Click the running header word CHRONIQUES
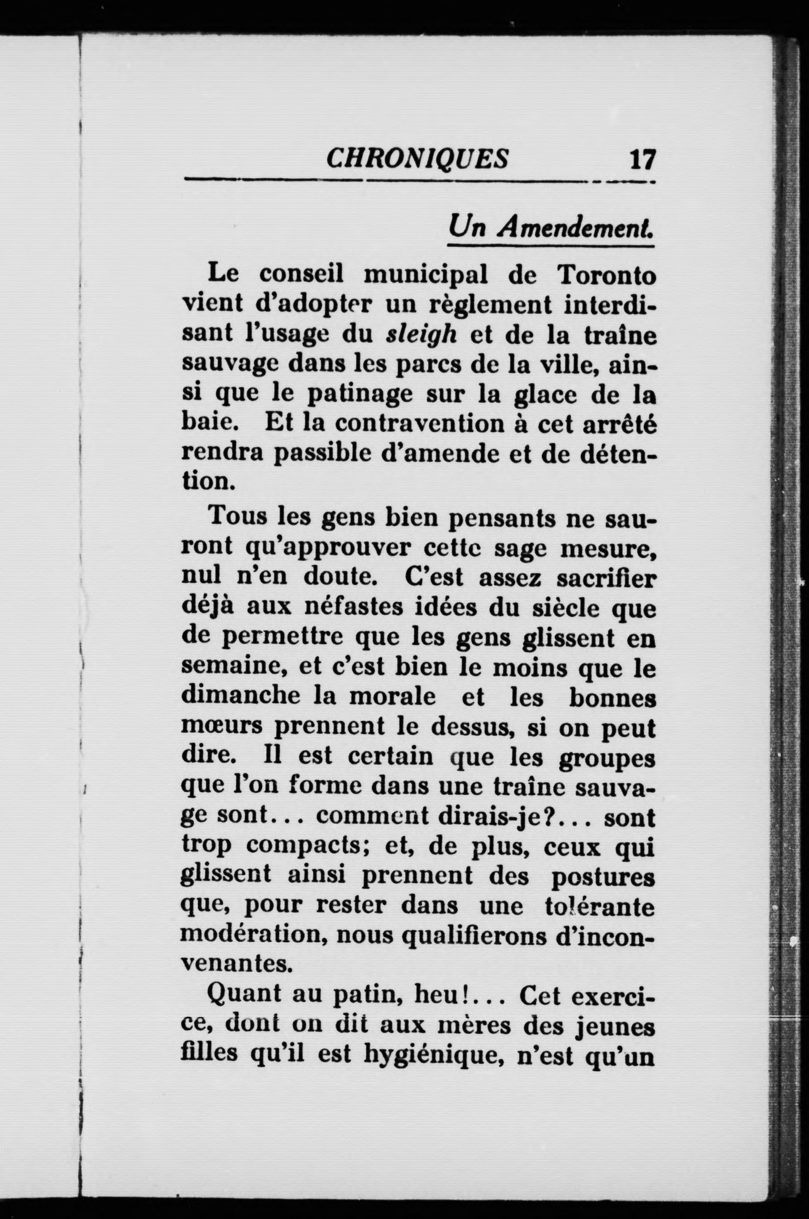point(417,158)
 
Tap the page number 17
point(642,160)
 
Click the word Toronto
point(606,275)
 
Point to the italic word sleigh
point(421,335)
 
